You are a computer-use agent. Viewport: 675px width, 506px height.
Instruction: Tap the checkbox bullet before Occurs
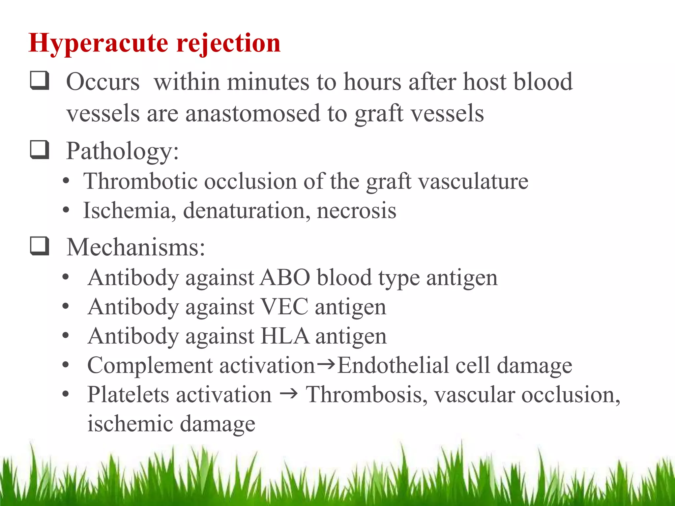click(x=40, y=81)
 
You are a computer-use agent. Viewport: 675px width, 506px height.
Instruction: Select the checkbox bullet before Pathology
click(x=40, y=150)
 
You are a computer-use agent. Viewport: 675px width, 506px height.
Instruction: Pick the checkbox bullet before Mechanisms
click(x=40, y=246)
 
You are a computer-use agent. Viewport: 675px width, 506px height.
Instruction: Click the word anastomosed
click(x=253, y=113)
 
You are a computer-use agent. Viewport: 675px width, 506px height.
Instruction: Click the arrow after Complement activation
click(x=326, y=364)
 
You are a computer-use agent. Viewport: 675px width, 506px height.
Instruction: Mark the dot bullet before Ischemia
click(x=66, y=210)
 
